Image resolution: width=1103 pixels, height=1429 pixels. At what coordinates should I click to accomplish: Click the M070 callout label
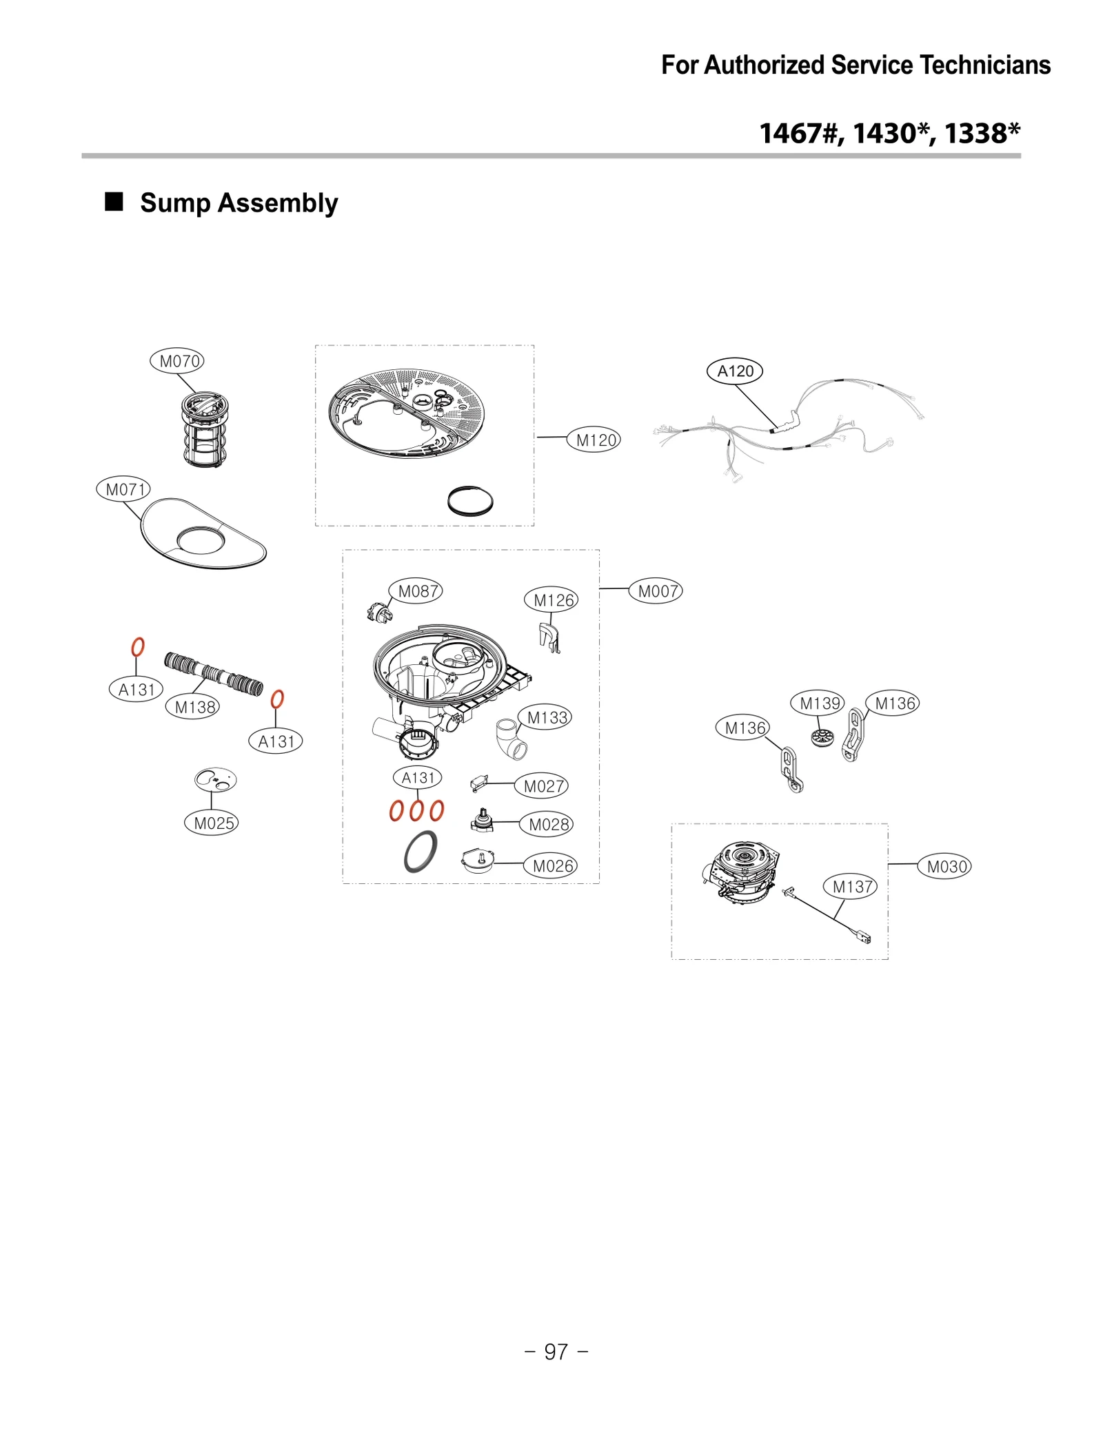(177, 361)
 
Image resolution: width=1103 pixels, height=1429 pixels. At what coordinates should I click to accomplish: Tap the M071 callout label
(123, 489)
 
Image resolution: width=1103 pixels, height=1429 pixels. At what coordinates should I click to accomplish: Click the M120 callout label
(594, 440)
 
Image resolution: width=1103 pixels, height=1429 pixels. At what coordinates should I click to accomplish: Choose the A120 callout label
(735, 371)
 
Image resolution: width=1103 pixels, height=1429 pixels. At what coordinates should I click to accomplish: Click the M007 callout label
(656, 591)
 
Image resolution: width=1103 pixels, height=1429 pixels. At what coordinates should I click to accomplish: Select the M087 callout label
(416, 591)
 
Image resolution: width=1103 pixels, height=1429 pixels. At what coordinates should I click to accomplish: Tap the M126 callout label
(551, 600)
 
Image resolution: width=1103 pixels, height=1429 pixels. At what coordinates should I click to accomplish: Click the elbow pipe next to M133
(510, 739)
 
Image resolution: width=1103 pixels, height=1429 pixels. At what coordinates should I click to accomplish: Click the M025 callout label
(212, 823)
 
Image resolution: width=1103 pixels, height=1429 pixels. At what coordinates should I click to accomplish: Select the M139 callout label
(817, 703)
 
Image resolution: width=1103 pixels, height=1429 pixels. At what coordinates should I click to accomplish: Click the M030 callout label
(944, 867)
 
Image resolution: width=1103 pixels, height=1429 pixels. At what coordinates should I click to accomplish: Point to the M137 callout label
(850, 887)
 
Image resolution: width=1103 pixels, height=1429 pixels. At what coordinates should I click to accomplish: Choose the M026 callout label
(551, 866)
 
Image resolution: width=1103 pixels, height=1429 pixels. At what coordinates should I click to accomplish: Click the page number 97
(556, 1352)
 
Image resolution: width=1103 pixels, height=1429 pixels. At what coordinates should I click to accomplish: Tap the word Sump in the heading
(175, 203)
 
